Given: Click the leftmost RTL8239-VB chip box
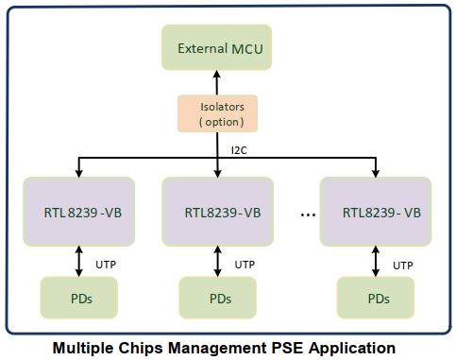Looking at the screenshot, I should (x=79, y=212).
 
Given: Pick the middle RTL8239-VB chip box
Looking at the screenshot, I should (x=218, y=212).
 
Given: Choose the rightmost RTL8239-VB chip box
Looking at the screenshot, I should (x=376, y=212).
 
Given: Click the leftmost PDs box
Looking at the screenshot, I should (x=79, y=298).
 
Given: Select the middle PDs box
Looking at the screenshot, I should (x=218, y=298).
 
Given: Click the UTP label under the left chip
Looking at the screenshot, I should (x=106, y=265).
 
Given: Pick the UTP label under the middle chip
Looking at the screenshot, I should (x=245, y=265).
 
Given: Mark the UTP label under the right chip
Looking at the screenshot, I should (x=403, y=266).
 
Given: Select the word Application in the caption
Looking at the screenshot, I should (x=353, y=348).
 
